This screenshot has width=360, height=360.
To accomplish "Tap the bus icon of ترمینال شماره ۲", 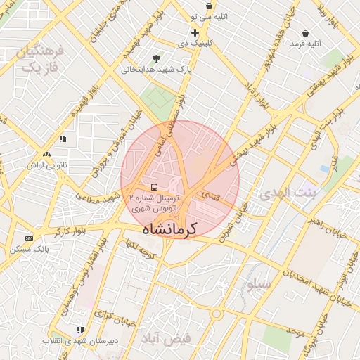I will [x=153, y=187].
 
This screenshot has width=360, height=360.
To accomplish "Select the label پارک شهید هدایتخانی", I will [x=156, y=70].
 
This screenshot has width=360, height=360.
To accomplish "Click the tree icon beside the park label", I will [x=156, y=58].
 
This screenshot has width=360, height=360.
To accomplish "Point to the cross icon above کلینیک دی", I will [x=195, y=32].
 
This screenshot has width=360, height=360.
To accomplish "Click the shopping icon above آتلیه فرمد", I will [x=305, y=33].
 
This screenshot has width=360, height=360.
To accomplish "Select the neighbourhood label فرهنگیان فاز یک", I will [x=41, y=59].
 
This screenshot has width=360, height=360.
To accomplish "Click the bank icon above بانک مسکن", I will [x=29, y=238].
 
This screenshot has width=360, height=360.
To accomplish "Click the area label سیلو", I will [x=258, y=284].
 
